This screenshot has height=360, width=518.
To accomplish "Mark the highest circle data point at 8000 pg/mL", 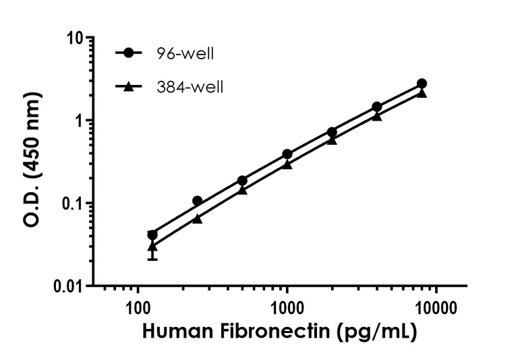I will click(422, 84).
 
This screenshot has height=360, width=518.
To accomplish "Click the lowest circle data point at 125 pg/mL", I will click(152, 235).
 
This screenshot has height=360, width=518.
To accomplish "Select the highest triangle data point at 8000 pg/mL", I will click(422, 93).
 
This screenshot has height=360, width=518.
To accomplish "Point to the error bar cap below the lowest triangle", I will click(152, 259).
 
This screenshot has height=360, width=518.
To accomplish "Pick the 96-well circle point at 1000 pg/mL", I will click(287, 154).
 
